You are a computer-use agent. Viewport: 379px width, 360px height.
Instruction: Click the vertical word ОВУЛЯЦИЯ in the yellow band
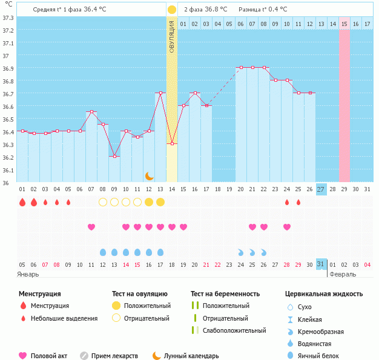(172, 36)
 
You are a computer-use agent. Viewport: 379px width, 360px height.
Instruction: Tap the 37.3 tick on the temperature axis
(8, 18)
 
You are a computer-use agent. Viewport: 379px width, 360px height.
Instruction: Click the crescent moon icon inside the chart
(149, 176)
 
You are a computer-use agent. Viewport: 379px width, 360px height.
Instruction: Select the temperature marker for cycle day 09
(114, 156)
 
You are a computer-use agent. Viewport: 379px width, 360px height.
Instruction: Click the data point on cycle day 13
(160, 93)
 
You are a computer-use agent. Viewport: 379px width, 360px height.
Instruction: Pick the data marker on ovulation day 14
(172, 143)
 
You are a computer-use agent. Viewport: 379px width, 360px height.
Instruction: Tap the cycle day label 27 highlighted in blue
(321, 189)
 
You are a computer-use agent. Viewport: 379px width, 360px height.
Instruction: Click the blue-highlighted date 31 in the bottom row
(321, 264)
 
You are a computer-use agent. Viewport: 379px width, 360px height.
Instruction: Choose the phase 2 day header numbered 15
(344, 24)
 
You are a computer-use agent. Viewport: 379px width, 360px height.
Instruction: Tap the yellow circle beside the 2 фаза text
(172, 10)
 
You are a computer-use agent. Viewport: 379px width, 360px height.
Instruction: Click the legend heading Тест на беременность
(225, 293)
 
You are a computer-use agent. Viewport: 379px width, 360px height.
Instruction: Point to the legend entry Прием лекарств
(114, 356)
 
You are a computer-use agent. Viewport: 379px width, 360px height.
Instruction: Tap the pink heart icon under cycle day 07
(91, 227)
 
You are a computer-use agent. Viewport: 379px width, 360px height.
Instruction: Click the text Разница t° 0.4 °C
(263, 10)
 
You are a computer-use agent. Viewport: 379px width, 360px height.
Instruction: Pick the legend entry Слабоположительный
(234, 330)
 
